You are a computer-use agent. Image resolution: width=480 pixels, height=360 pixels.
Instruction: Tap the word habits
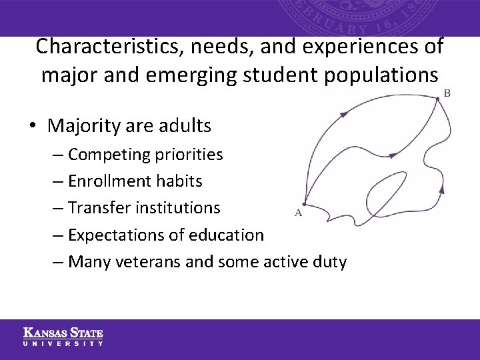179,181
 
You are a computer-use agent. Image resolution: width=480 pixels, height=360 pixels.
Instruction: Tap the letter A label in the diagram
297,213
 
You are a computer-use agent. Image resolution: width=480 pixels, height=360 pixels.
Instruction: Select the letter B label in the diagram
447,93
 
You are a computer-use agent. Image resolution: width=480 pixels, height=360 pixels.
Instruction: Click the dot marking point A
304,204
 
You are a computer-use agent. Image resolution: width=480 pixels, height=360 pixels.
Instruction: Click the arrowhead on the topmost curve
343,115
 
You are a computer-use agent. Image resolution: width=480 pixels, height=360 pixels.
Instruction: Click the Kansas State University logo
63,337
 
